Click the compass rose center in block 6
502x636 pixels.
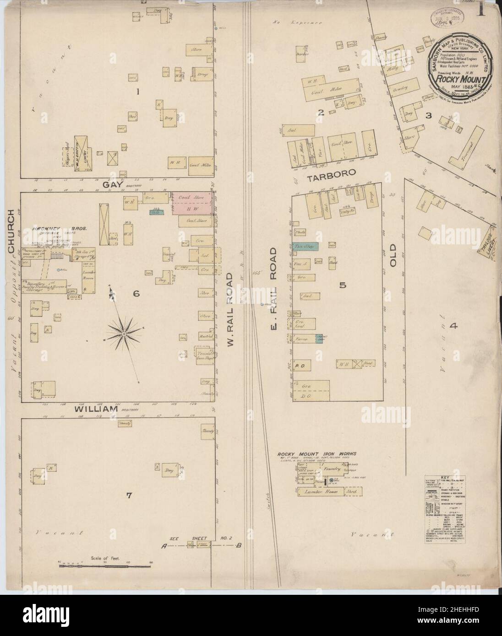point(124,335)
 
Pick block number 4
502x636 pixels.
point(453,326)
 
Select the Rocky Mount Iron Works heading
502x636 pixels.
point(316,454)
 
